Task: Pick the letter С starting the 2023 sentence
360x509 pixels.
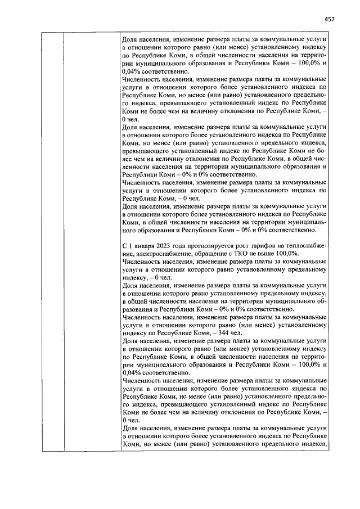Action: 124,246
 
